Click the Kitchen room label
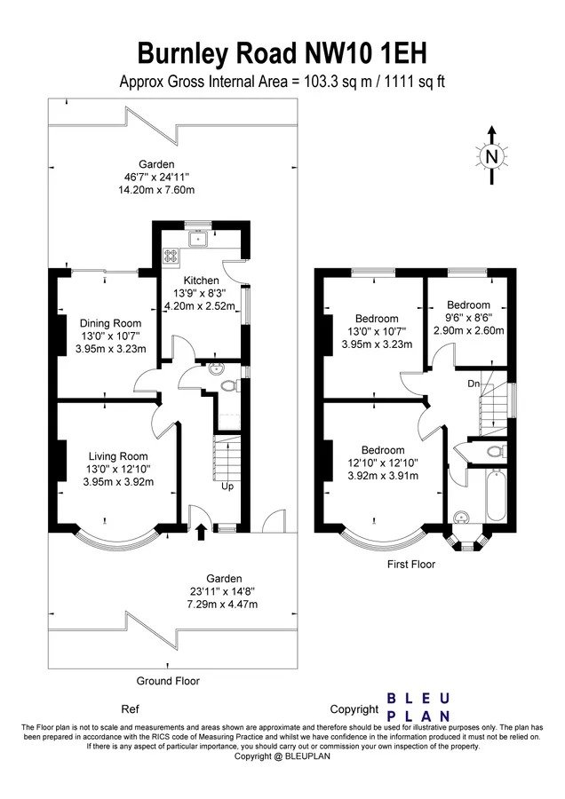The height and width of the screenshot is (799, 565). [201, 281]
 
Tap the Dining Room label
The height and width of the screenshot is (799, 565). [111, 323]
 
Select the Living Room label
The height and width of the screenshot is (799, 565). [118, 456]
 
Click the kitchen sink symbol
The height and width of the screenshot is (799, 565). [196, 239]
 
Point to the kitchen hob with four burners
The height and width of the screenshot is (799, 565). [171, 256]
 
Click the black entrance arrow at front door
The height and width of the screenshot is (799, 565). [201, 532]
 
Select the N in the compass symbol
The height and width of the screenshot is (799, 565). [491, 156]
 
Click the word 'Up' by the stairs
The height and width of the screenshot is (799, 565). [227, 487]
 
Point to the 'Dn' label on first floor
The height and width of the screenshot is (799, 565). [473, 384]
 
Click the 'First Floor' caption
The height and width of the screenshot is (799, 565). [411, 564]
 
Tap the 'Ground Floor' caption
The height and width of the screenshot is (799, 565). [168, 681]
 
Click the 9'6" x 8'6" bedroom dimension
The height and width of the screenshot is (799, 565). [468, 318]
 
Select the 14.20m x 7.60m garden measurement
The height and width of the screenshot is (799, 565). [156, 190]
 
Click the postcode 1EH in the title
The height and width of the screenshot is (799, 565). [402, 53]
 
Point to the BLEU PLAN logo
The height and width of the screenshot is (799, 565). [418, 707]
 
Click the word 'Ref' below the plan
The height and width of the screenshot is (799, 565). [130, 708]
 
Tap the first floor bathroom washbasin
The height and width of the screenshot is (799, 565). [463, 518]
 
